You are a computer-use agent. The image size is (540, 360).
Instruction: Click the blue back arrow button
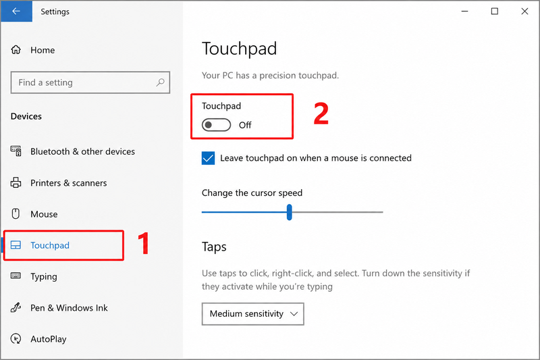[16, 11]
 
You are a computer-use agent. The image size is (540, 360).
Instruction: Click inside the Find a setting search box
[82, 82]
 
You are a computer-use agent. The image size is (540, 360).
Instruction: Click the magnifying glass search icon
[160, 82]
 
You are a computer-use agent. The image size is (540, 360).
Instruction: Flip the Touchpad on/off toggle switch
[216, 125]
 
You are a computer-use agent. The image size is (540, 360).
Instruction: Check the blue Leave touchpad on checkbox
[209, 158]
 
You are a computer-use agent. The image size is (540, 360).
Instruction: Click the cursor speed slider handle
[290, 212]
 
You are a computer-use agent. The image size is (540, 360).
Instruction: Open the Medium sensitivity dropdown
[252, 314]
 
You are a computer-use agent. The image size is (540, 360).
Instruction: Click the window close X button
[524, 11]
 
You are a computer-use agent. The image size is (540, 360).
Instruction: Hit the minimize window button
[464, 11]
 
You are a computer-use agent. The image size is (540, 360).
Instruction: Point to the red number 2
[321, 113]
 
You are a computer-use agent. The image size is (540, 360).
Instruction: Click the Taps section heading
[214, 247]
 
